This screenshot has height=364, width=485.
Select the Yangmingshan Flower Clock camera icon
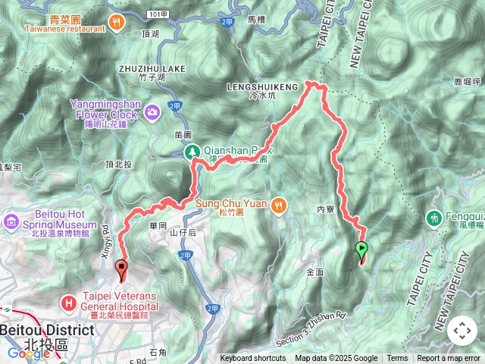coord(154,112)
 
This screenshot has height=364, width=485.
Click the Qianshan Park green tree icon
coord(193,152)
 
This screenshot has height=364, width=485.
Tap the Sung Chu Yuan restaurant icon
coord(280,204)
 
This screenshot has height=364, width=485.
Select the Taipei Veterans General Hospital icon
coord(69,304)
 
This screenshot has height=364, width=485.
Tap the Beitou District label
coord(47,330)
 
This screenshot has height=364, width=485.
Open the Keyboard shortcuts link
coord(254,359)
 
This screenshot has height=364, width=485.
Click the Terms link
coord(397,359)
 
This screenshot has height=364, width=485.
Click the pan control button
coord(462,331)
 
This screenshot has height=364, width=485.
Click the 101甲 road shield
coord(158,14)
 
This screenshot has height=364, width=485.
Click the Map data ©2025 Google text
coord(336,359)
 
